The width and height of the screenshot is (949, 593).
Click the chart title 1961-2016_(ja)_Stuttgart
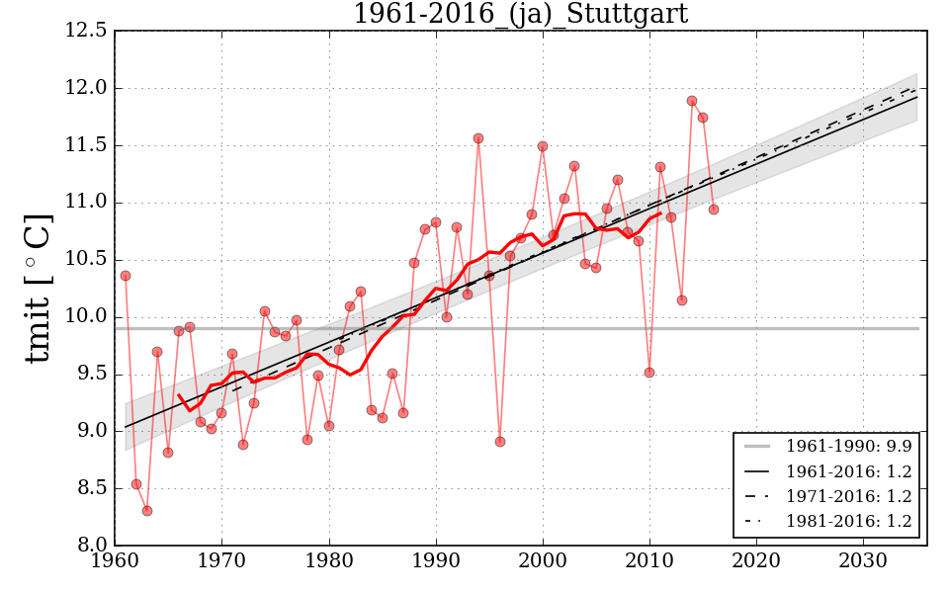pos(520,14)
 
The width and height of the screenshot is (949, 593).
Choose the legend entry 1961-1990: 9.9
pos(848,447)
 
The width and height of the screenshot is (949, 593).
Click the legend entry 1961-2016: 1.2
pos(848,471)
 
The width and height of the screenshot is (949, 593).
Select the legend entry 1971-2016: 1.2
pos(848,496)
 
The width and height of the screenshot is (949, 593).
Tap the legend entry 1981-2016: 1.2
pos(848,521)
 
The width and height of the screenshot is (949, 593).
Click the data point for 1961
pos(126,276)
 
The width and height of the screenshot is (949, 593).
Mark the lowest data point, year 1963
pos(147,511)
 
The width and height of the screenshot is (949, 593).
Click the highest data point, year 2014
pos(692,101)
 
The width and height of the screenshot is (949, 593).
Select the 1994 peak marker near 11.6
pos(478,138)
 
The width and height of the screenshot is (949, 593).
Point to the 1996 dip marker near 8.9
pos(500,442)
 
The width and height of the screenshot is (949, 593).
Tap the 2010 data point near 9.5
pos(649,373)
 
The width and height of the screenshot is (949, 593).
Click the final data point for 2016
pos(714,210)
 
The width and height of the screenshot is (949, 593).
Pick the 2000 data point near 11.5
pos(543,146)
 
